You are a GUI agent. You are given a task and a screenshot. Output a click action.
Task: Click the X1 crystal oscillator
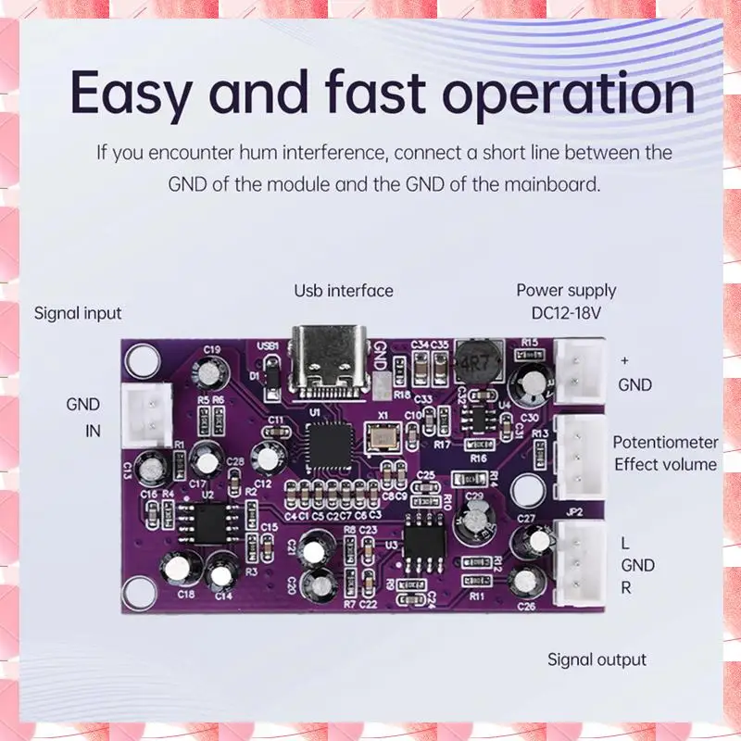pos(382,436)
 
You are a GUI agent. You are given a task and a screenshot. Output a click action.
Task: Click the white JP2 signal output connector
pos(575,565)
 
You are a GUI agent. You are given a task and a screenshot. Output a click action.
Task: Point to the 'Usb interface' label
pos(344,291)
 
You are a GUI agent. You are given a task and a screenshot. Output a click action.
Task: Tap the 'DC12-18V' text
pos(559,313)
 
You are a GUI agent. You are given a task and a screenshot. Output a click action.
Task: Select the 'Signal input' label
pos(78,313)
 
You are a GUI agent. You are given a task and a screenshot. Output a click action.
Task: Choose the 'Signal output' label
pos(597,659)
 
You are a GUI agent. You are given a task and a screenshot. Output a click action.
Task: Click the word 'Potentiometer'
pos(665,443)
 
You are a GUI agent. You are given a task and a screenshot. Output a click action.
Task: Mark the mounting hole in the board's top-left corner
pos(142,358)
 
